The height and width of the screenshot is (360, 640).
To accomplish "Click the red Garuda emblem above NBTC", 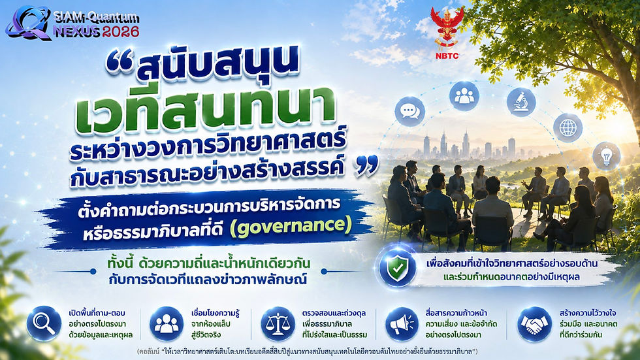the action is pyautogui.click(x=447, y=27).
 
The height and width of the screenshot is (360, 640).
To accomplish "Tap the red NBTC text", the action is pyautogui.click(x=447, y=56).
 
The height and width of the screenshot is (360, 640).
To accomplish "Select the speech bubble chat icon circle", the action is pyautogui.click(x=410, y=112).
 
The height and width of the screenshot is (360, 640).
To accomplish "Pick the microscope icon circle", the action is pyautogui.click(x=521, y=102).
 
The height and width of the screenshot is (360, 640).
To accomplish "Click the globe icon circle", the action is pyautogui.click(x=568, y=128).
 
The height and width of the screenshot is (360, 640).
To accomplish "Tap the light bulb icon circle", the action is pyautogui.click(x=607, y=156).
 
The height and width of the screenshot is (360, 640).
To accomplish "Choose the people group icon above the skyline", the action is pyautogui.click(x=464, y=96).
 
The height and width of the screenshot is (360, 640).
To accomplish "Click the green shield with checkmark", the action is pyautogui.click(x=397, y=268).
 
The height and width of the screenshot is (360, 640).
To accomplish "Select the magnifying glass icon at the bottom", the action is pyautogui.click(x=44, y=323).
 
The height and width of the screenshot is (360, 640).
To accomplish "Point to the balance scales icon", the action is pyautogui.click(x=278, y=324).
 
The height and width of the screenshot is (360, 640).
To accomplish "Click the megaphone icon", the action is pyautogui.click(x=402, y=324).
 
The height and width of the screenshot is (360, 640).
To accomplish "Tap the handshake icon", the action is pyautogui.click(x=534, y=324).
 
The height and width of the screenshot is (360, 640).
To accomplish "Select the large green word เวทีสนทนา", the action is pyautogui.click(x=206, y=108).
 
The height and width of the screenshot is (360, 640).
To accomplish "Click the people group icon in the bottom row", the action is pyautogui.click(x=167, y=324).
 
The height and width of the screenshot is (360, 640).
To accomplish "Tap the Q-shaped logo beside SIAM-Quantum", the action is pyautogui.click(x=27, y=23).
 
